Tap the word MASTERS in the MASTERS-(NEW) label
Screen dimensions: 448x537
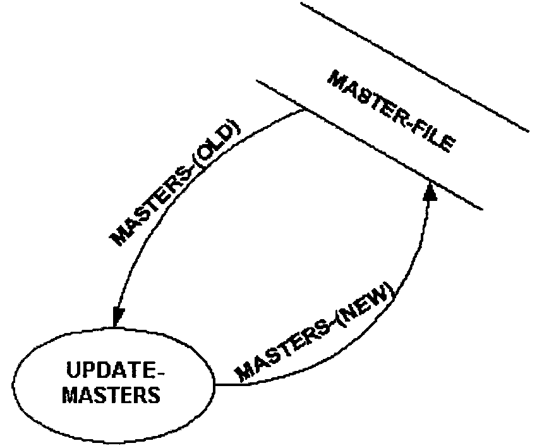(x=281, y=348)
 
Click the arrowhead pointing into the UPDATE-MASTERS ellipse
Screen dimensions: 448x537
(x=117, y=317)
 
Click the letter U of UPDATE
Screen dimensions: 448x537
(x=71, y=369)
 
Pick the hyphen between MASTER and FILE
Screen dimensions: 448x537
(x=404, y=122)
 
